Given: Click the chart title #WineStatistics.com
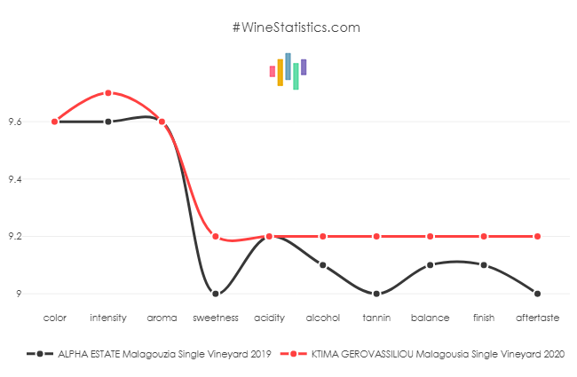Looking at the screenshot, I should (x=296, y=27).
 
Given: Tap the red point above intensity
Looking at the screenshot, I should (x=108, y=93).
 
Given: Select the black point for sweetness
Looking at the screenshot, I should (x=216, y=294).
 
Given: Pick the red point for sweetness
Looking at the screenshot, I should (x=216, y=236).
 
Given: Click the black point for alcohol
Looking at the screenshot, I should (x=323, y=265).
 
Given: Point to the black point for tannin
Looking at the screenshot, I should (x=376, y=294).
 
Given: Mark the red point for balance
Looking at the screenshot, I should (x=431, y=236).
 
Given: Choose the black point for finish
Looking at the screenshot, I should (x=484, y=265).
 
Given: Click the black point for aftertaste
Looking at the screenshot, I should (x=538, y=294).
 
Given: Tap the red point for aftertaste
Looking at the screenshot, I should (x=538, y=236).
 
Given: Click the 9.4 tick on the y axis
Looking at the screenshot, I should (x=16, y=179).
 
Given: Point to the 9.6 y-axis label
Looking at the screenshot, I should (x=16, y=122).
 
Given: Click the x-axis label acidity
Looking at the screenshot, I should (x=269, y=317).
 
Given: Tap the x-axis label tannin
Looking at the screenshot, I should (x=376, y=317).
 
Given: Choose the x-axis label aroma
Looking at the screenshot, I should (x=162, y=317).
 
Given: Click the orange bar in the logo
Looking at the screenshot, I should (x=281, y=72).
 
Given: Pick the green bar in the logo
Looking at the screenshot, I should (x=296, y=76).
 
